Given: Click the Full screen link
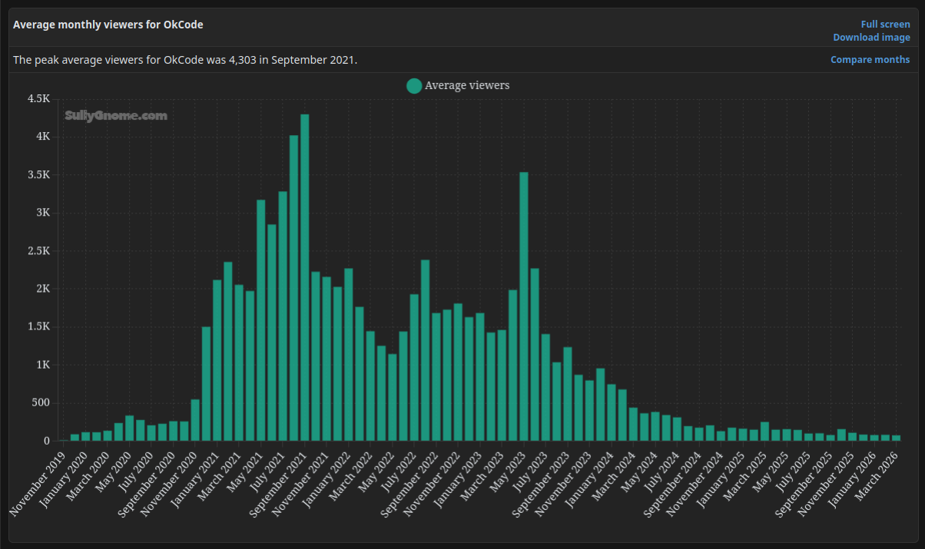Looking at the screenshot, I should [x=885, y=25].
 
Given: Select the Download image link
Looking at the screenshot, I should [x=871, y=38].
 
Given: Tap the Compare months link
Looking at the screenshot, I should [x=870, y=60].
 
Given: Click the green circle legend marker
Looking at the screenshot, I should [x=414, y=85].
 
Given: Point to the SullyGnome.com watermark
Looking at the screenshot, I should [x=116, y=116].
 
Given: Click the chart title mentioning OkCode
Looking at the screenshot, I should [x=108, y=25].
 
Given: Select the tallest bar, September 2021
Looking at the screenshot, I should [x=304, y=277].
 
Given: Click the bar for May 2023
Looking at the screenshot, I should [x=524, y=306].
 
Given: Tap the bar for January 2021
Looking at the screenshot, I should [x=217, y=360].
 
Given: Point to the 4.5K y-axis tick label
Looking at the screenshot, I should [x=38, y=99].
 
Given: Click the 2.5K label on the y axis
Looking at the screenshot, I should [x=38, y=251].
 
